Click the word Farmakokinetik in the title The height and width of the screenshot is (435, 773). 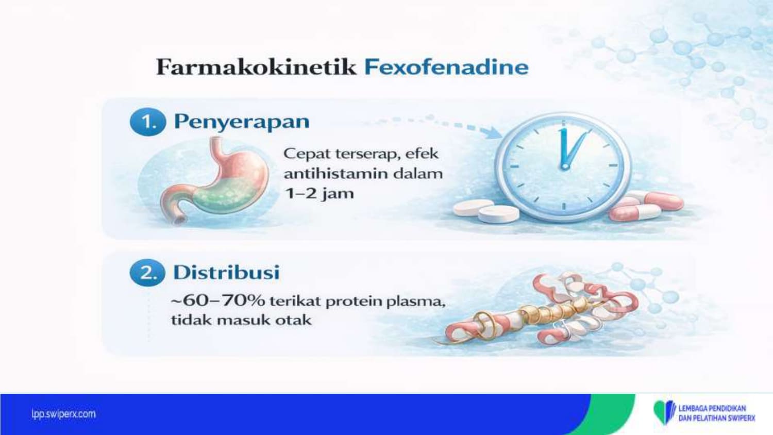click(x=256, y=67)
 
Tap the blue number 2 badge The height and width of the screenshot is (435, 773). click(x=147, y=273)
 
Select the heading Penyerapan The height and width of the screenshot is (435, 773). click(x=242, y=122)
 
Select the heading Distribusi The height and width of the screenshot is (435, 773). click(x=226, y=273)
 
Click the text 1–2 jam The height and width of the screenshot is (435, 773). click(x=319, y=193)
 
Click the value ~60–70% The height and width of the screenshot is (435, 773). click(x=218, y=300)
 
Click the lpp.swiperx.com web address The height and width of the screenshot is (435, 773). click(x=63, y=413)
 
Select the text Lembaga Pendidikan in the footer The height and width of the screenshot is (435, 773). click(x=712, y=408)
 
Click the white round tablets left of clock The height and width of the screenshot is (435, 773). click(x=486, y=211)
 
